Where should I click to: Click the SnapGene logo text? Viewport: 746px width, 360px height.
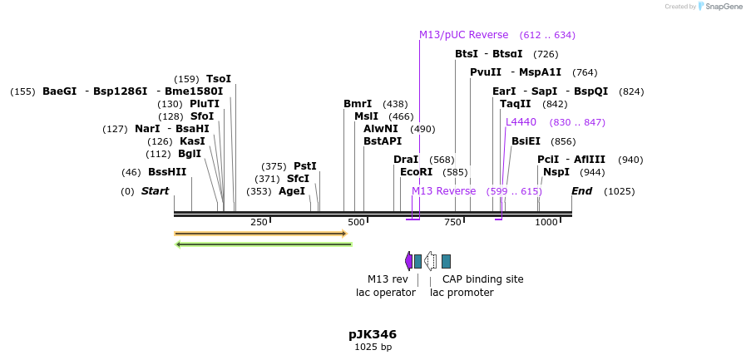click(720, 6)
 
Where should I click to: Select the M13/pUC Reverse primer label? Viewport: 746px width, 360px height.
click(463, 35)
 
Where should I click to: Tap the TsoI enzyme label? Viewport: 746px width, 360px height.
click(219, 79)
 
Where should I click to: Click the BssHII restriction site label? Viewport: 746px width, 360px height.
click(167, 172)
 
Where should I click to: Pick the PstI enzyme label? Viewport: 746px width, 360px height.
click(304, 166)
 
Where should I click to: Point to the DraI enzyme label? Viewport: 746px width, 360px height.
click(406, 160)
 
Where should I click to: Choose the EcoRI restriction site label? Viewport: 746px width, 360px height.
click(416, 172)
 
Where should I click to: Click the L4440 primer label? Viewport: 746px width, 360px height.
click(521, 122)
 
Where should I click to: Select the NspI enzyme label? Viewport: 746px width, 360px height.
click(556, 172)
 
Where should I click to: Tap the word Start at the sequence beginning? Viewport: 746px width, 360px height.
click(155, 191)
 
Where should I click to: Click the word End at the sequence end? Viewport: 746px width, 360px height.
click(582, 191)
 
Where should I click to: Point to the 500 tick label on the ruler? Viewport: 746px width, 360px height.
click(357, 222)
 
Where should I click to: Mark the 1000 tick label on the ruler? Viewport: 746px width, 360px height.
click(546, 222)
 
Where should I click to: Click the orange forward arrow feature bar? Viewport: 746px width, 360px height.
click(260, 234)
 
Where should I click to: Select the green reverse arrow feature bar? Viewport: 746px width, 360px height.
click(264, 244)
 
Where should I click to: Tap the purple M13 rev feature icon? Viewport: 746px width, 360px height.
click(408, 261)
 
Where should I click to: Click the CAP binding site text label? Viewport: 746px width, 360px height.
click(482, 279)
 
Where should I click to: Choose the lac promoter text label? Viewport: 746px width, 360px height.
click(462, 293)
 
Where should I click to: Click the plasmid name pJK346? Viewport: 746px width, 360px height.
click(373, 334)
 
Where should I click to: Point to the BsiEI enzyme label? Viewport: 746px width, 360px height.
click(526, 141)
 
